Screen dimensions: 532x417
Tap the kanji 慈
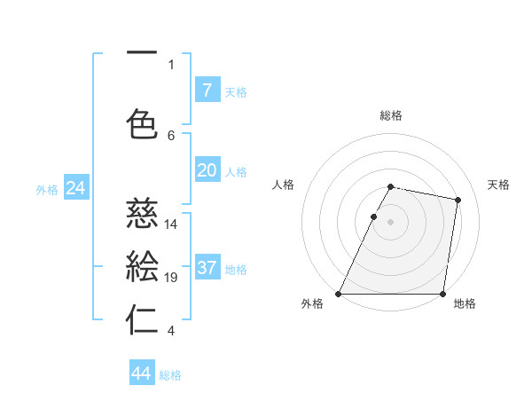[x=143, y=214]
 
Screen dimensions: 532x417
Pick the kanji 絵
[x=143, y=267]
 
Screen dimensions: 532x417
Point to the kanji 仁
[x=143, y=320]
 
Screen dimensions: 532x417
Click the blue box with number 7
[x=207, y=90]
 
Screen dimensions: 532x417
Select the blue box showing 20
[x=207, y=170]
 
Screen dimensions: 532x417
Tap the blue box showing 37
[x=207, y=268]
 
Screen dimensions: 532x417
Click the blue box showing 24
[x=76, y=188]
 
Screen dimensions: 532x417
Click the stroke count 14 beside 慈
[x=171, y=224]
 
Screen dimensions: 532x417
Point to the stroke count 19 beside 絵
[x=171, y=278]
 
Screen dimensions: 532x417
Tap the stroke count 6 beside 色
[x=171, y=135]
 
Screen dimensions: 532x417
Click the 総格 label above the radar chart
[x=391, y=115]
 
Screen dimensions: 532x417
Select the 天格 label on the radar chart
[x=498, y=185]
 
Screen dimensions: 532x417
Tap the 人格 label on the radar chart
[x=283, y=185]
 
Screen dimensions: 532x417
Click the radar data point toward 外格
[x=339, y=294]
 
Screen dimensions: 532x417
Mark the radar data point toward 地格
[x=442, y=294]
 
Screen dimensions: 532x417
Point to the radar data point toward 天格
[x=458, y=201]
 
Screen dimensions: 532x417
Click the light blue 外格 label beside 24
[x=47, y=189]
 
